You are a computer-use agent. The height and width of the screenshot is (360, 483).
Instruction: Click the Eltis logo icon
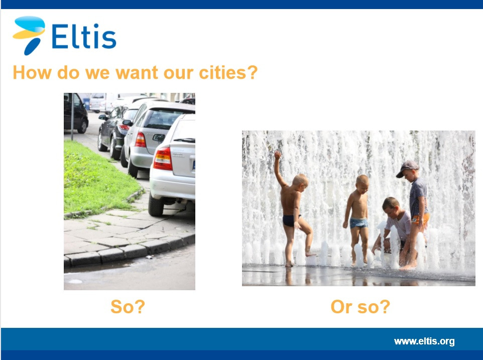(29, 35)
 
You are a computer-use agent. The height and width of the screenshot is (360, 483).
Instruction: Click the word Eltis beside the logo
(84, 36)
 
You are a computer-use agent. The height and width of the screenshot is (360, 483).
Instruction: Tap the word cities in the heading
(228, 73)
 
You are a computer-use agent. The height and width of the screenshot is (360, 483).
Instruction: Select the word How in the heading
(32, 73)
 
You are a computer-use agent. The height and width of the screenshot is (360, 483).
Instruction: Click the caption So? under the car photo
(128, 307)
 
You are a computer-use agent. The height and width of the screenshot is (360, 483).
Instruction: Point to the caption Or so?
(360, 307)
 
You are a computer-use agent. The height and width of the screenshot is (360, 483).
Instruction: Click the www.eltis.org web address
(424, 341)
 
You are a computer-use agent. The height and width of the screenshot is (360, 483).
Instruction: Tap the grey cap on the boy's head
(407, 168)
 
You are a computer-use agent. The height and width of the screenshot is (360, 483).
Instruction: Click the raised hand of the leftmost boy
(278, 155)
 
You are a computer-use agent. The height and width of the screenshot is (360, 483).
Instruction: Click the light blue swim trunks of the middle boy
(359, 223)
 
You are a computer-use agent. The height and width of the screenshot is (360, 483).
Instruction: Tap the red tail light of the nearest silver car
(163, 159)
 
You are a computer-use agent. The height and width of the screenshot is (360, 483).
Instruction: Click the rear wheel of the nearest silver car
(156, 204)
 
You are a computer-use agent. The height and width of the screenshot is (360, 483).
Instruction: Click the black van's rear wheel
(82, 126)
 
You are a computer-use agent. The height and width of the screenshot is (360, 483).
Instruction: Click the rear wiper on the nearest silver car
(184, 141)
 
